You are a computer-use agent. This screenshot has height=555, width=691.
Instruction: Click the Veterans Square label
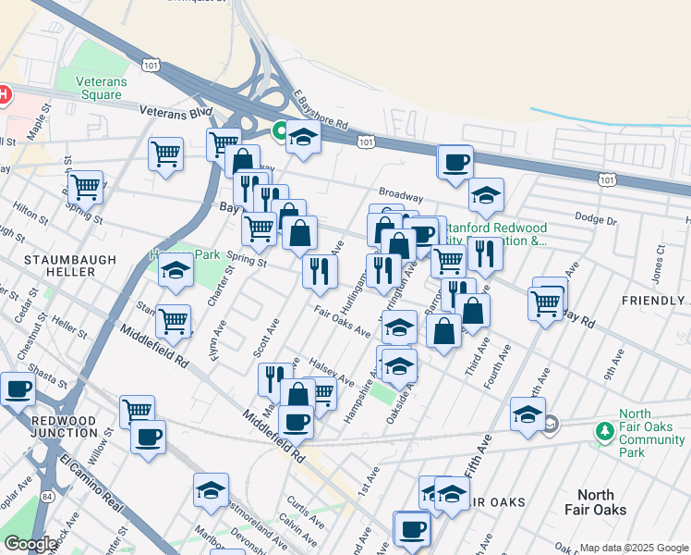click(x=102, y=88)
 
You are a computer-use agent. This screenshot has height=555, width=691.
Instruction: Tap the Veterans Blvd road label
click(x=176, y=110)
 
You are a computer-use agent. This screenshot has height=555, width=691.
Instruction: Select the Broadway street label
click(x=401, y=197)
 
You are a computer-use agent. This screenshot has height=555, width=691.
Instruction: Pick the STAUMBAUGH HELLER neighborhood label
click(x=59, y=265)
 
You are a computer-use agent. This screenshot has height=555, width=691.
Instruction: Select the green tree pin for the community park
click(x=605, y=432)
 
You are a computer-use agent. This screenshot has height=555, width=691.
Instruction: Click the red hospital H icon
click(x=3, y=94)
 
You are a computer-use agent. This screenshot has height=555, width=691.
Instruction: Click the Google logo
click(x=30, y=544)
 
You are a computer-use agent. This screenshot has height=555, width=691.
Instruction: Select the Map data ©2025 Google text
click(x=633, y=548)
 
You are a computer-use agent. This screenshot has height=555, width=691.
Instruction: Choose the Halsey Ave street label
click(x=333, y=373)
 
